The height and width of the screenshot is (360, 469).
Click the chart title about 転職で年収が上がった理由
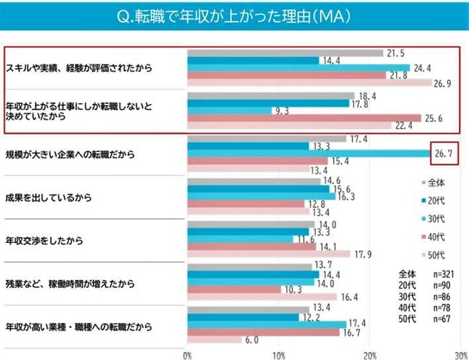tap(234, 15)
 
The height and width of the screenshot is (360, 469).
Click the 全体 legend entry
tap(436, 181)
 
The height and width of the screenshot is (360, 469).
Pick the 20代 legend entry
tap(436, 199)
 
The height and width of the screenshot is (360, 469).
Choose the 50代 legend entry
tap(436, 254)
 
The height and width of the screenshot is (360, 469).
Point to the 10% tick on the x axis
tap(278, 354)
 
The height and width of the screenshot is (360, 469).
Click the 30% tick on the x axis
tap(458, 354)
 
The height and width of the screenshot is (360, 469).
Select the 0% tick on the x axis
tap(188, 354)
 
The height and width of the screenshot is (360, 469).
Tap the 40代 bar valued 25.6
tap(304, 118)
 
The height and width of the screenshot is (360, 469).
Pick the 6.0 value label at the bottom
tap(252, 340)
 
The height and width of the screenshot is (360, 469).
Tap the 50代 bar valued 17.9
tap(268, 254)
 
